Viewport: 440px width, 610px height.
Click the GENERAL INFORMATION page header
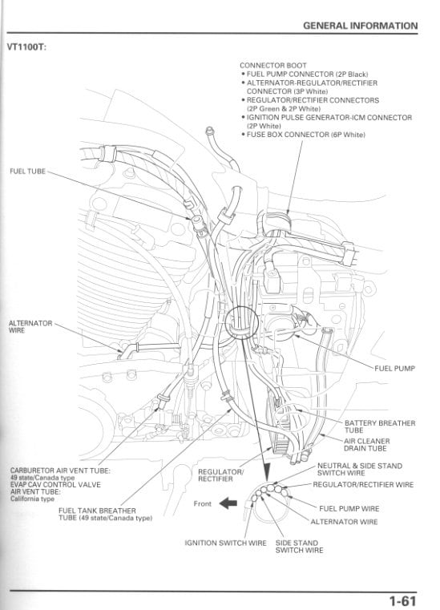pyautogui.click(x=361, y=26)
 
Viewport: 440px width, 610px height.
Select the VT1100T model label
pyautogui.click(x=29, y=46)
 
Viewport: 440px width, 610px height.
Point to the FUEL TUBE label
pyautogui.click(x=28, y=172)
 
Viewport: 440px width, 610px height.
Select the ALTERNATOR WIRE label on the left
pyautogui.click(x=30, y=326)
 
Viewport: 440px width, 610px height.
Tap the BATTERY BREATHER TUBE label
pyautogui.click(x=379, y=426)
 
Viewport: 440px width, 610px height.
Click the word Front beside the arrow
pyautogui.click(x=204, y=504)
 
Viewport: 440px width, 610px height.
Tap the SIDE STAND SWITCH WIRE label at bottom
pyautogui.click(x=300, y=547)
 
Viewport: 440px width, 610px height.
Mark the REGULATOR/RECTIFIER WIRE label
pyautogui.click(x=362, y=484)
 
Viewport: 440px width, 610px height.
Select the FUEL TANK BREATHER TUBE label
pyautogui.click(x=96, y=513)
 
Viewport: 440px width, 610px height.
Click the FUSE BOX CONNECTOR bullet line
pyautogui.click(x=305, y=135)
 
